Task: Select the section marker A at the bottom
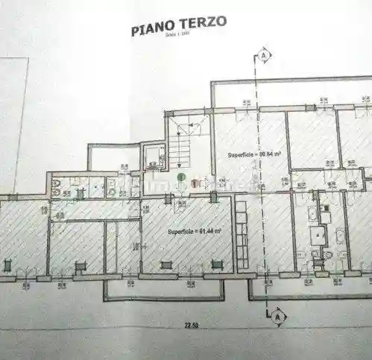point(277,316)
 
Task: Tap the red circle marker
point(195,181)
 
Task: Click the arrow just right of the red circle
point(204,181)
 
